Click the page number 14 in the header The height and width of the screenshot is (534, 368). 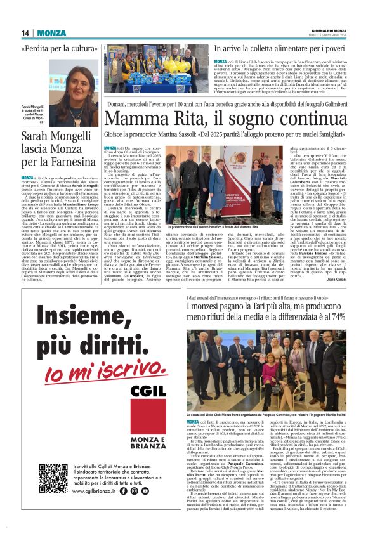point(25,33)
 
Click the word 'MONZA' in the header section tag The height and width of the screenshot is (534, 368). point(51,33)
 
